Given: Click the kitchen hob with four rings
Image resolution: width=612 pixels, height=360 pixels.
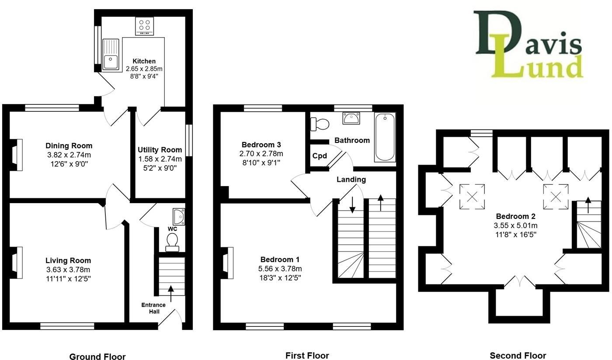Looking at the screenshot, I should pos(144,26).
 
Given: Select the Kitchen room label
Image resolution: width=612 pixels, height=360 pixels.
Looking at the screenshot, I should pos(144,61).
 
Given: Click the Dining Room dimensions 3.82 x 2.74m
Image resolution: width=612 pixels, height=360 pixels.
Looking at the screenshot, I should pos(69,155).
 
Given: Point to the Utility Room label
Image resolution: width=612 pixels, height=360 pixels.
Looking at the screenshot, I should pos(160,150).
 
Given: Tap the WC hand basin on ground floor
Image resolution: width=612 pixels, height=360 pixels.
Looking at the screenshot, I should pos(179,216).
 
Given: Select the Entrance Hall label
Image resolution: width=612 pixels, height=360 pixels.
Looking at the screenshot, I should pos(153,308).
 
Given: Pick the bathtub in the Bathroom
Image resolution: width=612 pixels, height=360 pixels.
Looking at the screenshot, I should pos(385,137).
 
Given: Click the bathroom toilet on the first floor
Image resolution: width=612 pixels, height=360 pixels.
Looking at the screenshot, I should pos(320,124).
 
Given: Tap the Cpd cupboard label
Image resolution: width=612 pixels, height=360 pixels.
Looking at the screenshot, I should pos(319,156).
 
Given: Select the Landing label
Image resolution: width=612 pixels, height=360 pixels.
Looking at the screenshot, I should pos(351,179).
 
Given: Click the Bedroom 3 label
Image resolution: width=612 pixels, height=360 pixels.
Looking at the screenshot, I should pos(261,145).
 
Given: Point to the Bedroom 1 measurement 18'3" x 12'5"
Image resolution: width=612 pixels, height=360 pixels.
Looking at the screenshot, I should pos(280,277).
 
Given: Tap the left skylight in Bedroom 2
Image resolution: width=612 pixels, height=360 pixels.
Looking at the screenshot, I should pos(472,196).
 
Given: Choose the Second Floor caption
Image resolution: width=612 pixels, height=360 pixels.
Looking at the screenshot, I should pos(518,356).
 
